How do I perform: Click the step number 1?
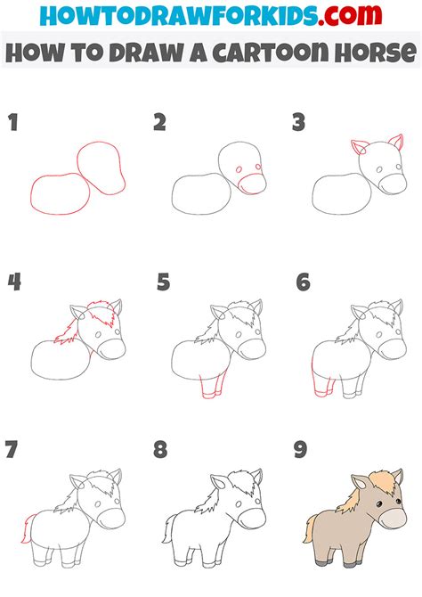13,123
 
